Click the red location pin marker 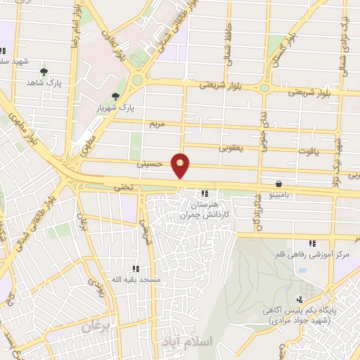[181, 166]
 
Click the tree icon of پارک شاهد [44, 72]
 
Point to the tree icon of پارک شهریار [115, 96]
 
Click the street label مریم [156, 124]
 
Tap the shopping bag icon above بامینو [279, 181]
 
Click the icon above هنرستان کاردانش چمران [205, 193]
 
